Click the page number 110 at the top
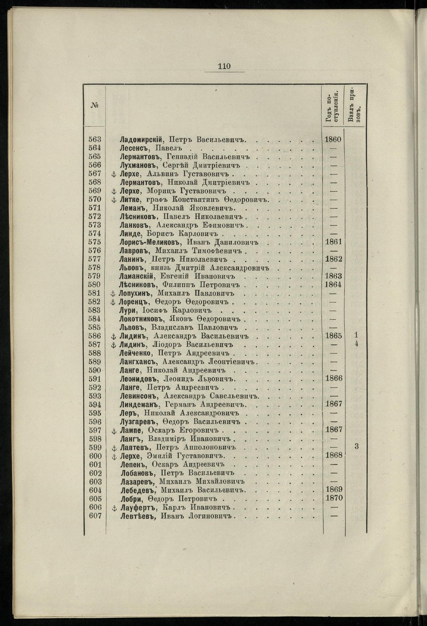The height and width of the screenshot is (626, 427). point(224,66)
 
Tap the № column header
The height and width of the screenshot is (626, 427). point(95,105)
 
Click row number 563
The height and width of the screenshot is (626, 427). point(95,140)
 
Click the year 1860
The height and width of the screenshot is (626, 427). point(333,140)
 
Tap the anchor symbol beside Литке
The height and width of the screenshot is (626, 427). point(113,200)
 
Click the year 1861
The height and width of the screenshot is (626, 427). point(333,242)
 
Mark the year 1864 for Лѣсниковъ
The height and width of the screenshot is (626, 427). point(333,285)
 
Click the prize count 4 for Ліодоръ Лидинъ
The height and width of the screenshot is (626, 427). point(356,344)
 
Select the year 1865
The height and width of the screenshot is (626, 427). point(333,336)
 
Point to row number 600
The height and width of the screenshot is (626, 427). point(95,456)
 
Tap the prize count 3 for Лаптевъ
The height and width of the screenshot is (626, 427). point(356,447)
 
